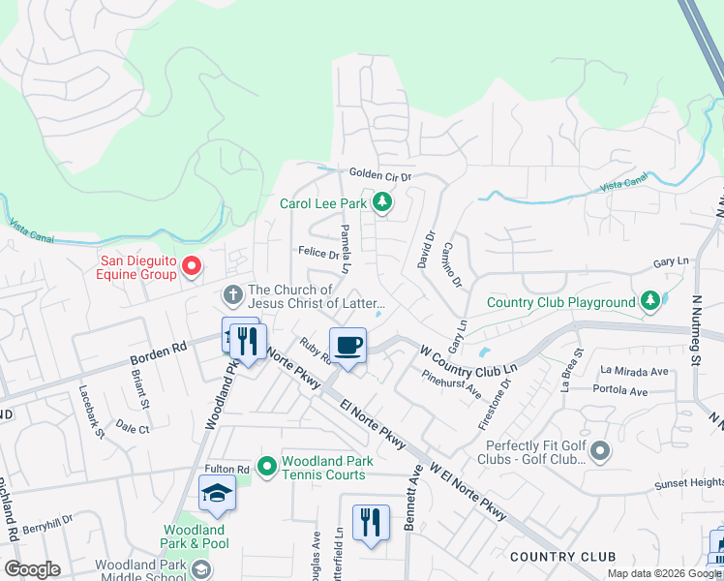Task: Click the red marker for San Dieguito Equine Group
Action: tap(192, 264)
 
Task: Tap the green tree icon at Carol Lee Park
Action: tap(383, 202)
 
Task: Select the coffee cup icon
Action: tap(348, 344)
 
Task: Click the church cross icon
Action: tap(232, 293)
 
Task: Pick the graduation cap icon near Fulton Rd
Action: tap(218, 494)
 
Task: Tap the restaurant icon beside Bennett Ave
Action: tap(371, 523)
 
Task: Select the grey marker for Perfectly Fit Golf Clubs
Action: tap(600, 450)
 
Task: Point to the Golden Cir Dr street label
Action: tap(380, 177)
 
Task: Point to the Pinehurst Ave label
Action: tap(452, 384)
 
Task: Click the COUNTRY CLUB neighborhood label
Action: tap(562, 557)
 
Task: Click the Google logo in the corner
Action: tap(32, 569)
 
